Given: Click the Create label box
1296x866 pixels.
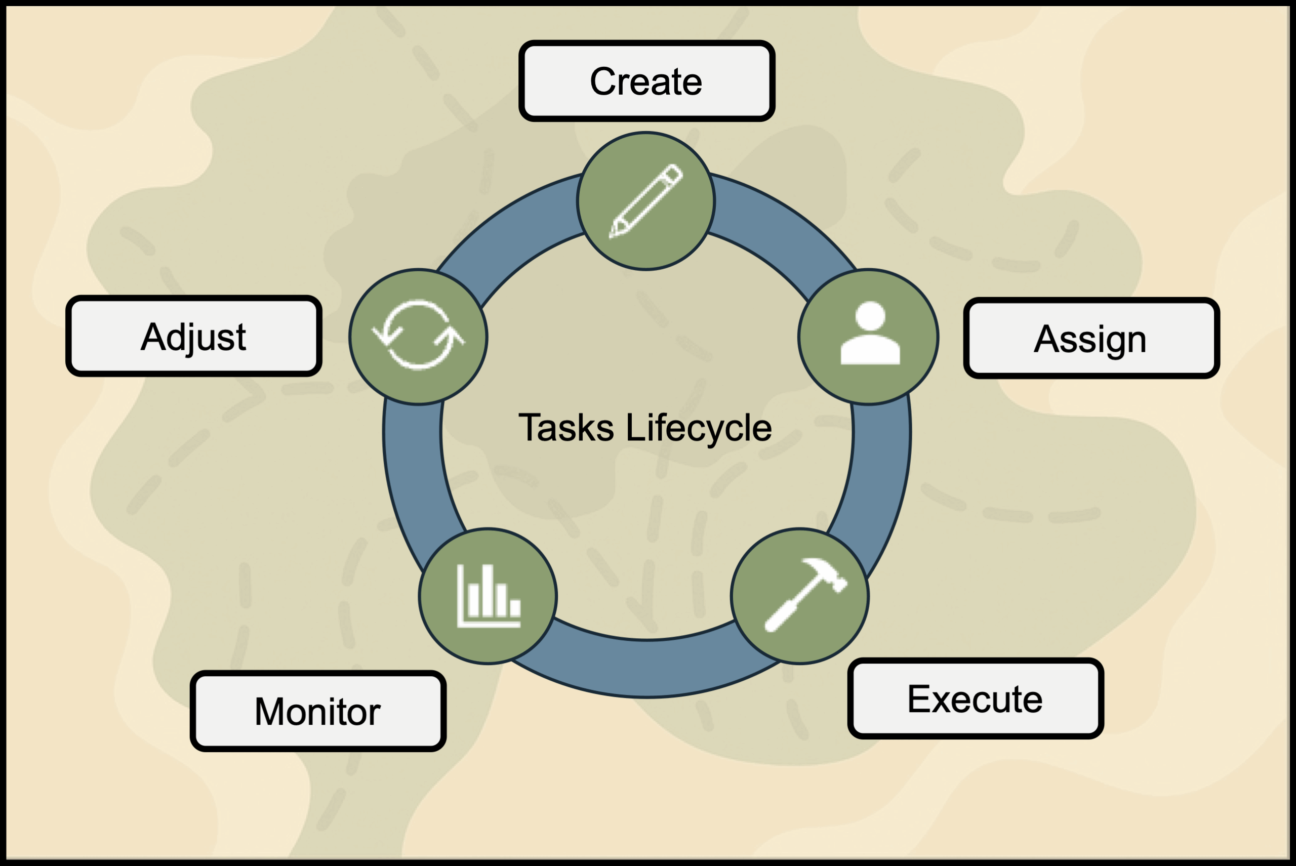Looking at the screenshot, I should pyautogui.click(x=646, y=81).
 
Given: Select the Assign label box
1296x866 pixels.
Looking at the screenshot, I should pyautogui.click(x=1091, y=338).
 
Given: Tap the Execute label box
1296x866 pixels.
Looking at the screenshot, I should pyautogui.click(x=975, y=698).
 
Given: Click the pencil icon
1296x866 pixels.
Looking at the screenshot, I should pyautogui.click(x=646, y=201).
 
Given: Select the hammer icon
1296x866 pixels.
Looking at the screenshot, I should pyautogui.click(x=804, y=594).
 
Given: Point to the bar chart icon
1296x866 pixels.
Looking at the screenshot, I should pyautogui.click(x=489, y=596).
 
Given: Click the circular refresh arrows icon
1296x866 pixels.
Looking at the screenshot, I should pyautogui.click(x=418, y=335).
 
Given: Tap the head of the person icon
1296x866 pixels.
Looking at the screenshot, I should pyautogui.click(x=870, y=316).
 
